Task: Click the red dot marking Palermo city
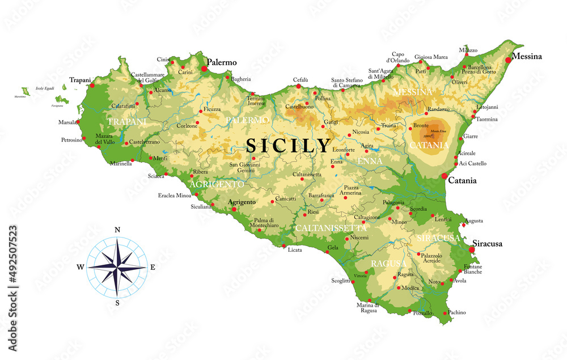(x=204, y=69)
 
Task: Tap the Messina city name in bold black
(x=527, y=56)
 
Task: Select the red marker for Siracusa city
(x=471, y=249)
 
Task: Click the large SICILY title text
(x=288, y=146)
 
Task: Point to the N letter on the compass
(x=117, y=230)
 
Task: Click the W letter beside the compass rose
(x=81, y=266)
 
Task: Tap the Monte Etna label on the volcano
(x=438, y=132)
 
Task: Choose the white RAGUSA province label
(x=388, y=264)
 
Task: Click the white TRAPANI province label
(x=126, y=122)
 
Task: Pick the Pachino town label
(x=456, y=312)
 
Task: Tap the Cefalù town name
(x=301, y=79)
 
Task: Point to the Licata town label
(x=295, y=249)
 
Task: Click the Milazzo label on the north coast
(x=468, y=50)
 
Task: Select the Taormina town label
(x=486, y=119)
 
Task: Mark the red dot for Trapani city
(x=92, y=86)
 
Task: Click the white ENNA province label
(x=370, y=161)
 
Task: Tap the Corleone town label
(x=187, y=125)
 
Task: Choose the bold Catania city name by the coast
(x=462, y=181)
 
